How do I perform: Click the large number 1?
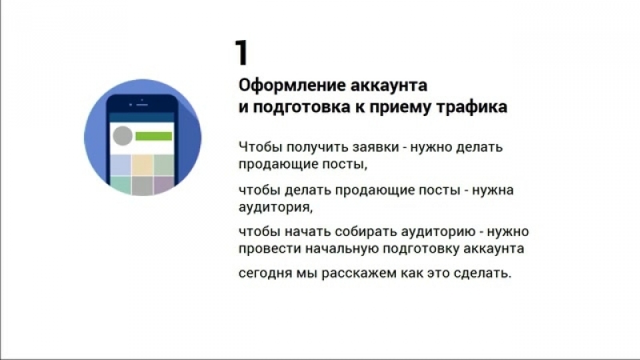pyautogui.click(x=242, y=52)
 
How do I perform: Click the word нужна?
pyautogui.click(x=493, y=190)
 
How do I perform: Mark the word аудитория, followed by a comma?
pyautogui.click(x=275, y=207)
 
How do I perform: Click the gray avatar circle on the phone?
pyautogui.click(x=122, y=135)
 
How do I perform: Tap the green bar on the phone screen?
pyautogui.click(x=154, y=136)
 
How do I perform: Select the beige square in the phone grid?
pyautogui.click(x=142, y=165)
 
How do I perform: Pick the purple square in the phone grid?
pyautogui.click(x=164, y=186)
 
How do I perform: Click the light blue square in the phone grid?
pyautogui.click(x=121, y=165)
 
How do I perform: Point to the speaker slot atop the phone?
pyautogui.click(x=142, y=105)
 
